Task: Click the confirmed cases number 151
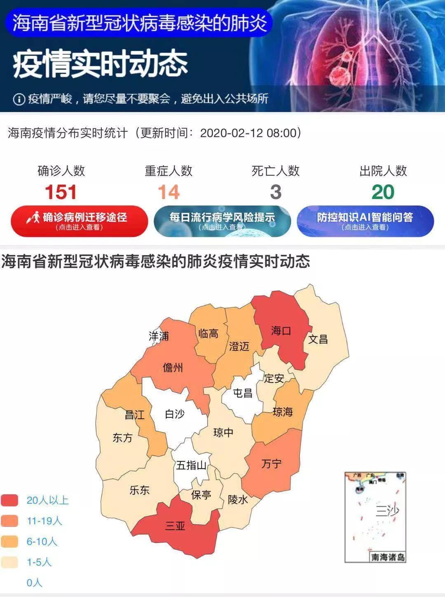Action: [61, 192]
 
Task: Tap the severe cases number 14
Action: [169, 192]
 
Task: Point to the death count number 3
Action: [276, 192]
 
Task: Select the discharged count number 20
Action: [383, 192]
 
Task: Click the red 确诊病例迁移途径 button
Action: [79, 221]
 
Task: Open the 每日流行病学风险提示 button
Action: [222, 221]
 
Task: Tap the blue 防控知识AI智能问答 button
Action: [365, 221]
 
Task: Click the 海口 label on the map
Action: [281, 331]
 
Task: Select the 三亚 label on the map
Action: [175, 526]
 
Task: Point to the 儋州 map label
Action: [173, 368]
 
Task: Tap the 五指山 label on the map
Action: [191, 466]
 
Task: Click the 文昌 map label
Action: [318, 339]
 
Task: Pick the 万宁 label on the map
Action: [272, 464]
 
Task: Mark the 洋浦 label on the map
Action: [159, 336]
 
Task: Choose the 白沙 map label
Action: [175, 414]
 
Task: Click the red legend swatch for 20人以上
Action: [9, 500]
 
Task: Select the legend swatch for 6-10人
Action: [9, 541]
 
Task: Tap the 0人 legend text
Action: [34, 583]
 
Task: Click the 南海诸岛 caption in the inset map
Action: [388, 557]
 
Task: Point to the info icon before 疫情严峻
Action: [19, 99]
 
